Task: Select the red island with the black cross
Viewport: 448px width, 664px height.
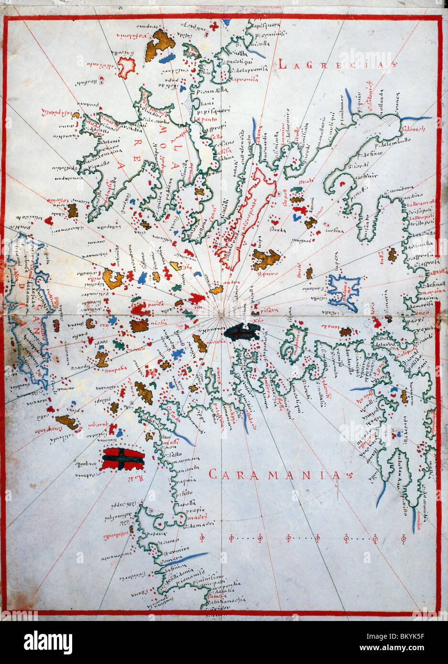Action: point(123,459)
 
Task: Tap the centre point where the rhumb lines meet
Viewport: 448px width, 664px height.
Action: point(221,313)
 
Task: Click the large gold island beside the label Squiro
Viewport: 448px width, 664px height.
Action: point(266,258)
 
